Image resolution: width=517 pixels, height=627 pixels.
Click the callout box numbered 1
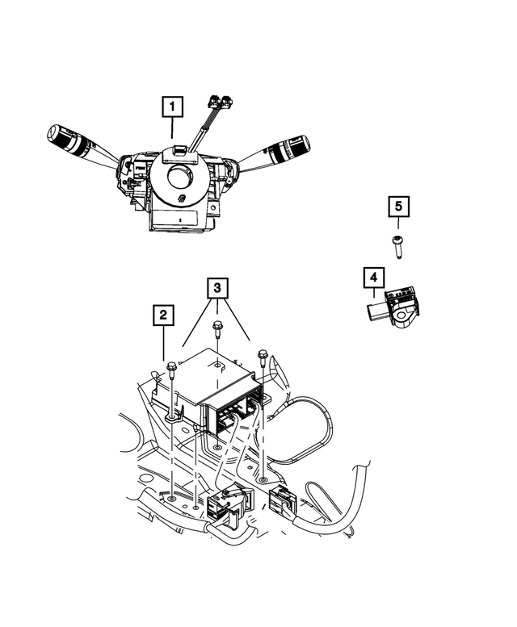pyautogui.click(x=173, y=107)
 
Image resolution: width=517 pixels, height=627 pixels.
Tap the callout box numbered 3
pyautogui.click(x=216, y=288)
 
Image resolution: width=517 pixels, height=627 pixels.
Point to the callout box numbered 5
pyautogui.click(x=398, y=207)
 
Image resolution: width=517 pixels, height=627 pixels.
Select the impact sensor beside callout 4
pyautogui.click(x=397, y=307)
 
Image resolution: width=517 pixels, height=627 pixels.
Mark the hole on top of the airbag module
pyautogui.click(x=218, y=365)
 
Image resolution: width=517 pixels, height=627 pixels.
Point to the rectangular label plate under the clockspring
pyautogui.click(x=176, y=217)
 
